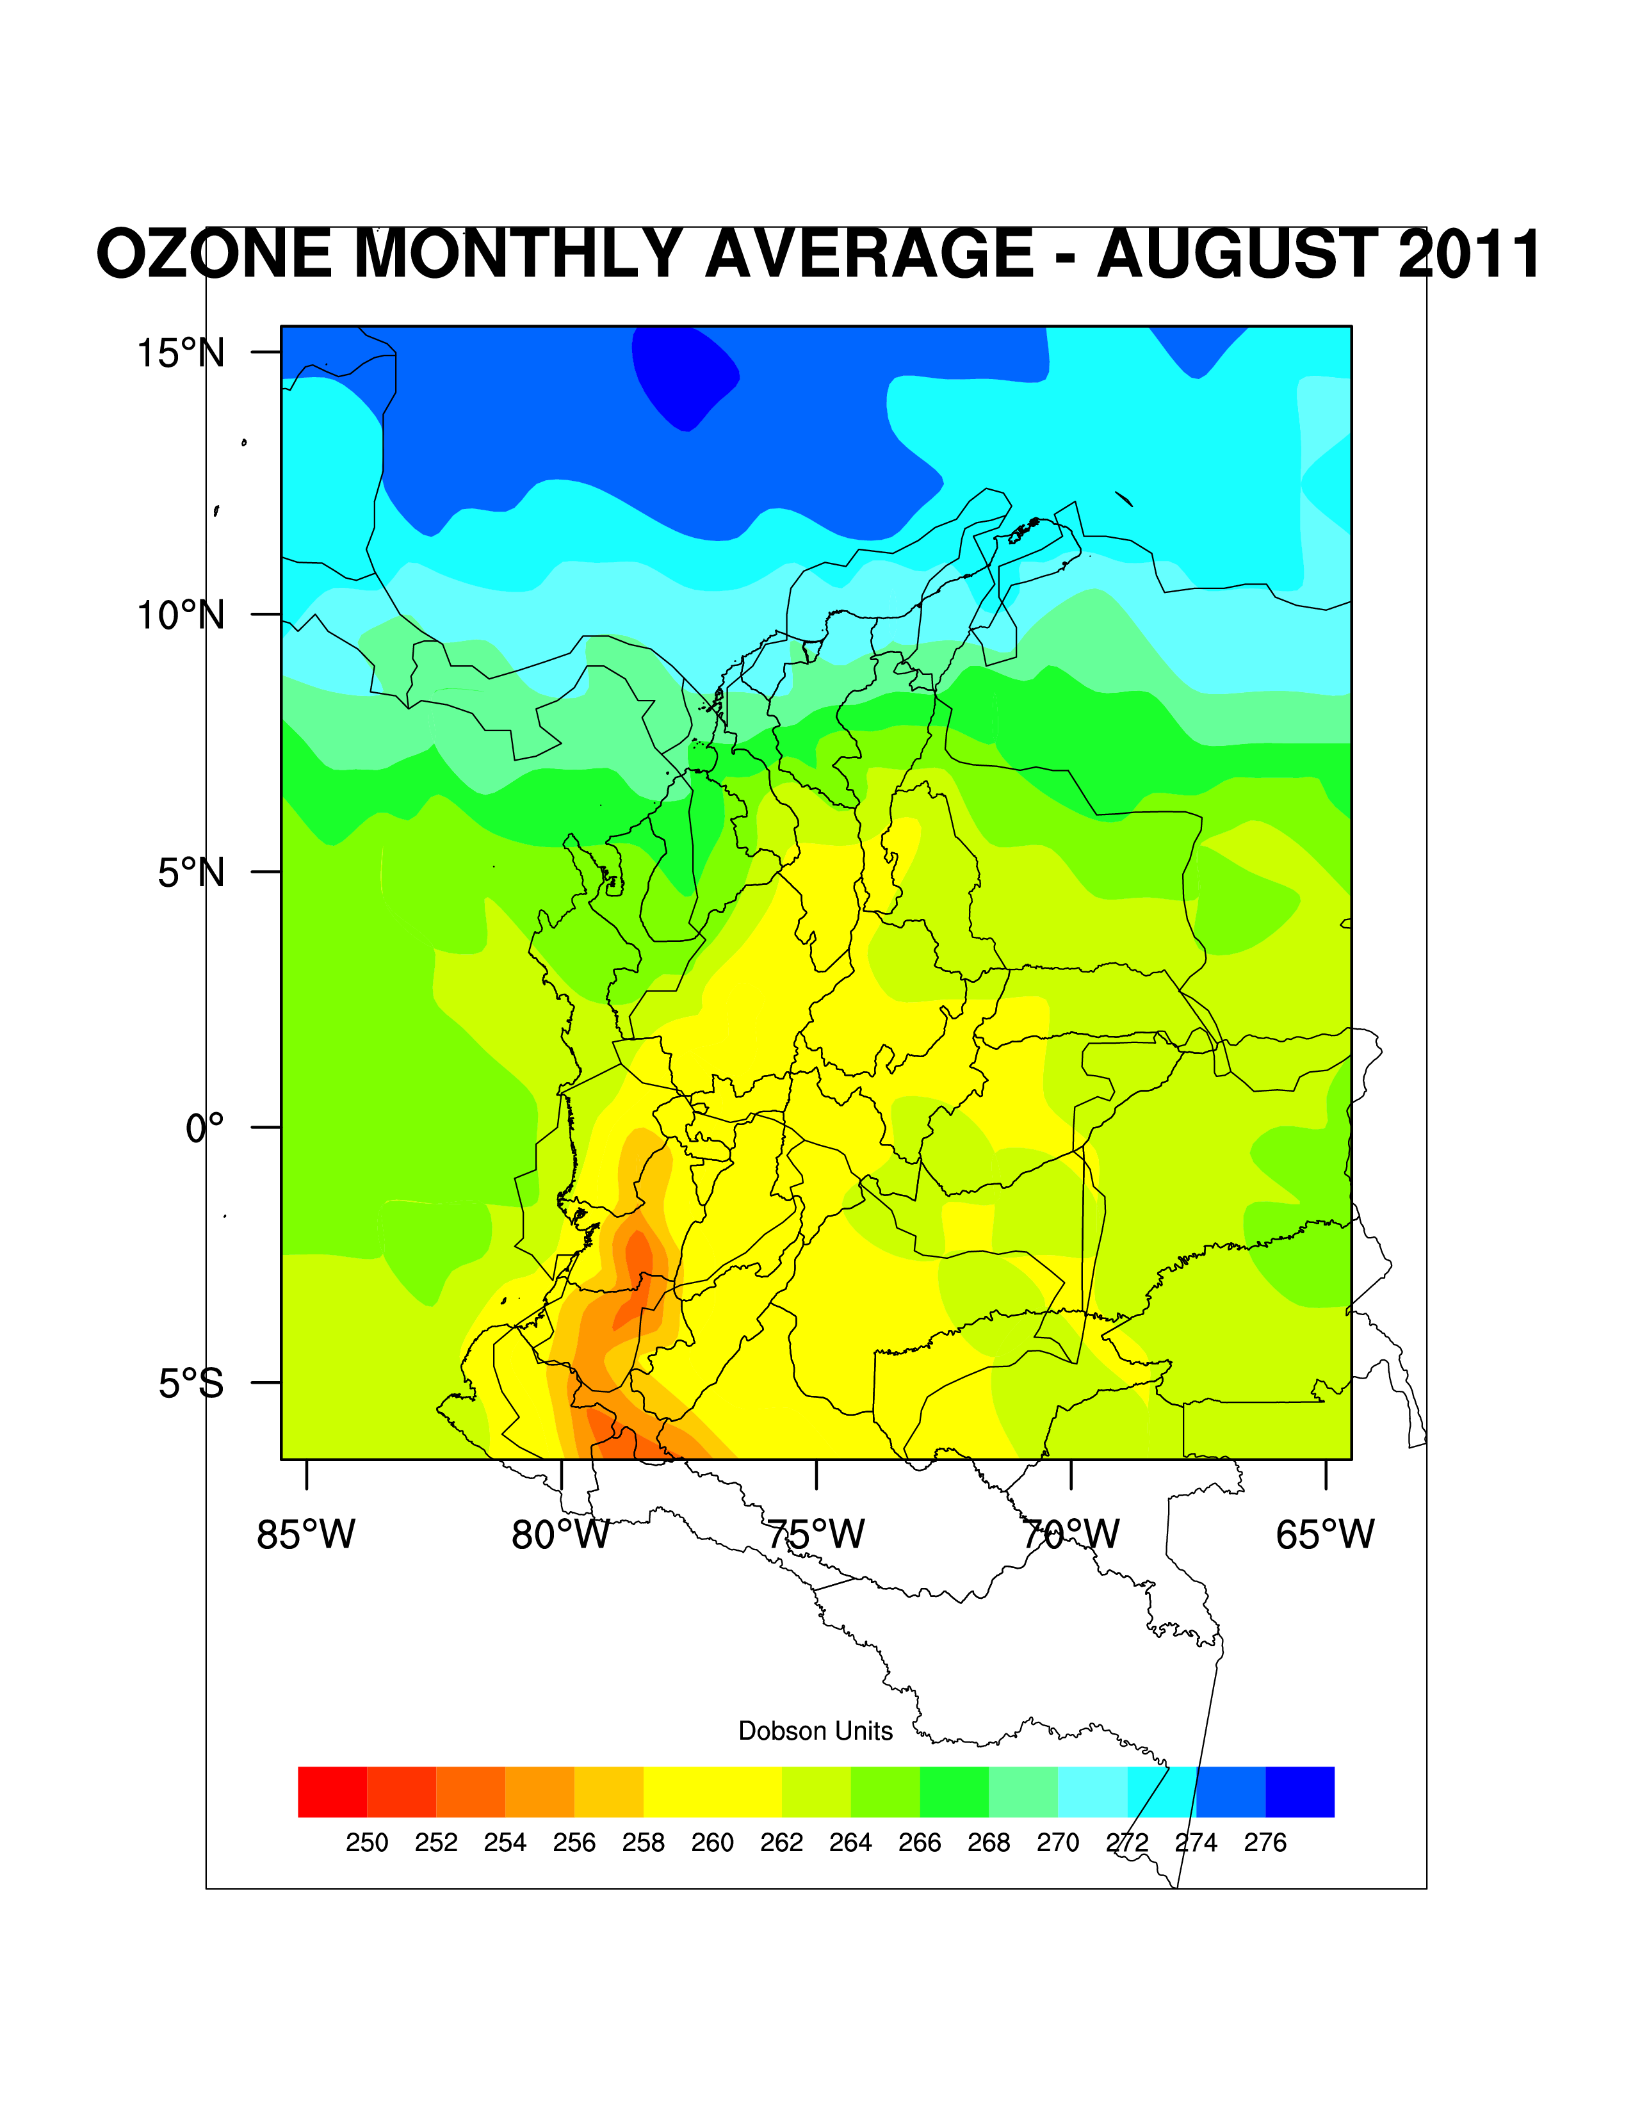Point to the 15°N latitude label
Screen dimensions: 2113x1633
coord(180,353)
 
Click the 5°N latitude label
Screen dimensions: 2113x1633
coord(191,873)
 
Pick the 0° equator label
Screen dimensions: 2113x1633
coord(204,1128)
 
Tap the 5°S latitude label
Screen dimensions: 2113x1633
coord(191,1384)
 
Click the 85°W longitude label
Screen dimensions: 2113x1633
coord(305,1534)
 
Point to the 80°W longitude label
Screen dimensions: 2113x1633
coord(560,1534)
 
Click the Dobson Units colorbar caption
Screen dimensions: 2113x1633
coord(815,1731)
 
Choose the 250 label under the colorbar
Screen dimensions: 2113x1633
coord(367,1843)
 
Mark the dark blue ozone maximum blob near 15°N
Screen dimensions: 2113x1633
coord(685,373)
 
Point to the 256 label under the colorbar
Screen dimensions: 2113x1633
coord(574,1843)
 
